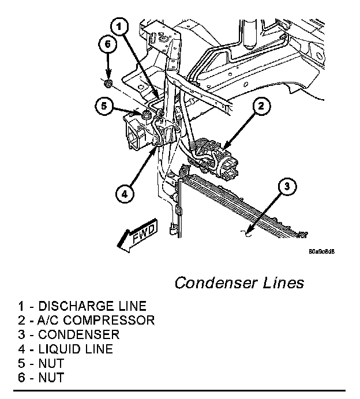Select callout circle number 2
(x=261, y=106)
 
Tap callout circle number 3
(x=288, y=187)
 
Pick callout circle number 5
(x=103, y=106)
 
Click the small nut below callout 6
(x=108, y=85)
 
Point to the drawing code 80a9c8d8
(x=321, y=251)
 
